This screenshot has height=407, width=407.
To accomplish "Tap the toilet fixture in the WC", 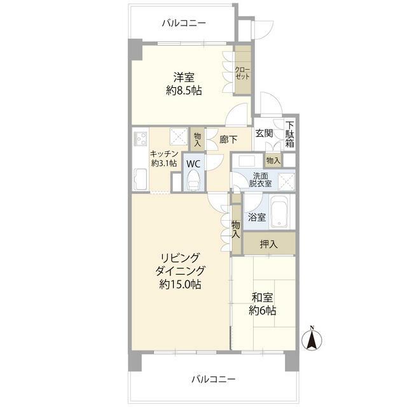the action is (194, 180).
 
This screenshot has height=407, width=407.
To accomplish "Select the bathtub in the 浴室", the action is (279, 212).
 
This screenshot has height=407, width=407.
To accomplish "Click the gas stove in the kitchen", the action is (141, 139).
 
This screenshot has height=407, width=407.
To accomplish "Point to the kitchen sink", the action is (140, 179).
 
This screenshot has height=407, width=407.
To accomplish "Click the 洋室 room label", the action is (184, 77).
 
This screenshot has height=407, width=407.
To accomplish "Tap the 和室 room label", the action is (263, 298).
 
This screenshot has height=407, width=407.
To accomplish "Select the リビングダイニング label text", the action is (180, 265).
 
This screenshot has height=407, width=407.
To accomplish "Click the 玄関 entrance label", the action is (265, 134).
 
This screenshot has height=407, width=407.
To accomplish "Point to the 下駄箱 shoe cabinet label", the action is (290, 134).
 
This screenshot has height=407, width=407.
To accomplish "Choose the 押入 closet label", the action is (269, 244).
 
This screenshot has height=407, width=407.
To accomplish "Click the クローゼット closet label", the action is (242, 73).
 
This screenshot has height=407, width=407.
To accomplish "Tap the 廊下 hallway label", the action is (228, 140).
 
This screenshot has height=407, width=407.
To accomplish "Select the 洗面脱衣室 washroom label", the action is (260, 179).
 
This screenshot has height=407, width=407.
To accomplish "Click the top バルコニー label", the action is (184, 24).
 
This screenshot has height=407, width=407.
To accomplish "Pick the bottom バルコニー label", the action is (214, 380).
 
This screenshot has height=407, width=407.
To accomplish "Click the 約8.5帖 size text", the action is (184, 90).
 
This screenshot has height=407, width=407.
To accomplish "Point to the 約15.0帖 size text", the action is (180, 285).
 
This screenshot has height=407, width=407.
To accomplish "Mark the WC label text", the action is (193, 164).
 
